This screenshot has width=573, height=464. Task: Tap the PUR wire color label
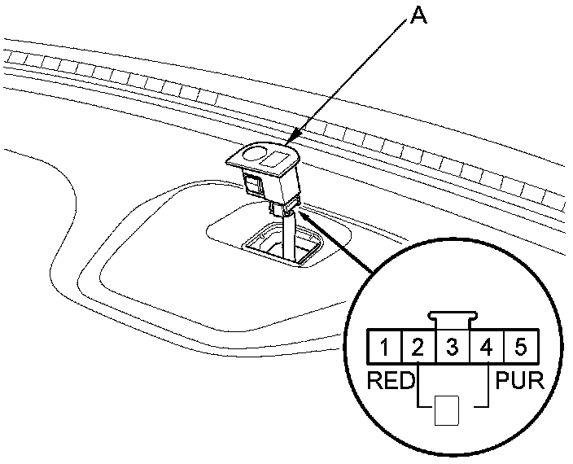point(519,380)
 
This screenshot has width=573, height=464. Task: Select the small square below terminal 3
point(447,410)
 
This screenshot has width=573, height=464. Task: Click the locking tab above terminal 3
point(453,321)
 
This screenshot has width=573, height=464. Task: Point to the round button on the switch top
point(256,155)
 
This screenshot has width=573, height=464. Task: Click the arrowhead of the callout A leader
point(295,138)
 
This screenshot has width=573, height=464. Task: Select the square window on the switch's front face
point(253,185)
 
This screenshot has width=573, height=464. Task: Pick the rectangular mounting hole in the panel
point(281,247)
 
